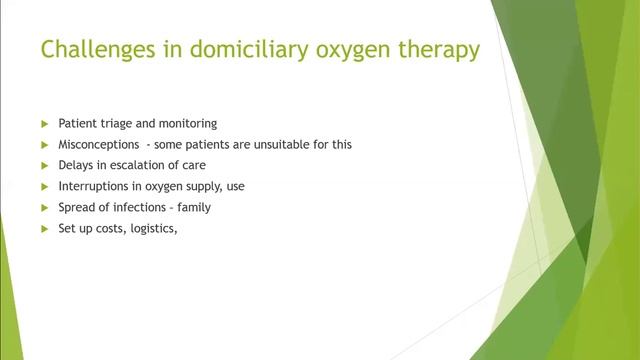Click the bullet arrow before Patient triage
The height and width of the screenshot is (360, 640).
pos(44,124)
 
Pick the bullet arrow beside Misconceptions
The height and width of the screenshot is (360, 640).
pos(44,145)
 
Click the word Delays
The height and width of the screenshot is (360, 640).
pos(75,165)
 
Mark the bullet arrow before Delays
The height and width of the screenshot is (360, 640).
pos(44,165)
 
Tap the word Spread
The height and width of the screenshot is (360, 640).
pos(76,207)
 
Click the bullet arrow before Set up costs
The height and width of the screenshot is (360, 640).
pos(44,228)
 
